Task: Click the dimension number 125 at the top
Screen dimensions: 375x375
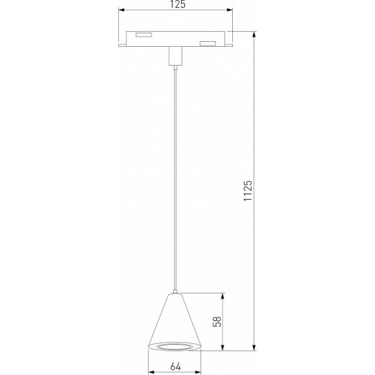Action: (x=177, y=5)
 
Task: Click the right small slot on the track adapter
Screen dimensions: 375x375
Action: (x=208, y=44)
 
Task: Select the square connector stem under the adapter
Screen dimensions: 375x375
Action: (x=174, y=56)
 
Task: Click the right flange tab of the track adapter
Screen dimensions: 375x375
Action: (x=230, y=45)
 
